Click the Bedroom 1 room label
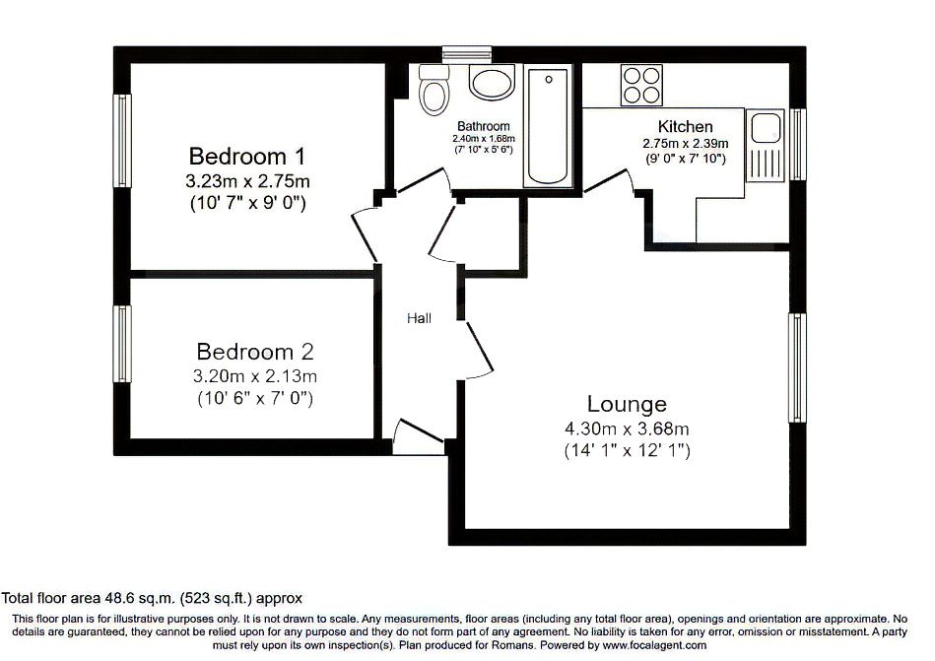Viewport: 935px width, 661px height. tap(246, 156)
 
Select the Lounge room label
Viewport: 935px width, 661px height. tap(627, 404)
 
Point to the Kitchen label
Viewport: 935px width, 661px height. tap(685, 127)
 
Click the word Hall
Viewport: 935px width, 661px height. tap(420, 318)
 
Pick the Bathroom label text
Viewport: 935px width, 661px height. tap(483, 126)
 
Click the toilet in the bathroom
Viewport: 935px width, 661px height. tap(433, 93)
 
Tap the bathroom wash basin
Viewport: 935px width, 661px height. tap(491, 82)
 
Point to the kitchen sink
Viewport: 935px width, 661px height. tap(765, 129)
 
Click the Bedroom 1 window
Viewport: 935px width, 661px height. tap(122, 139)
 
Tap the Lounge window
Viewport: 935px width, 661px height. tap(795, 368)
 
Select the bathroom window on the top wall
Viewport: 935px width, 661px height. tap(458, 55)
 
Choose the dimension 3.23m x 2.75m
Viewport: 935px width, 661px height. tap(247, 181)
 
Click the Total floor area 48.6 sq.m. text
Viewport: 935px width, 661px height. tap(152, 597)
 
